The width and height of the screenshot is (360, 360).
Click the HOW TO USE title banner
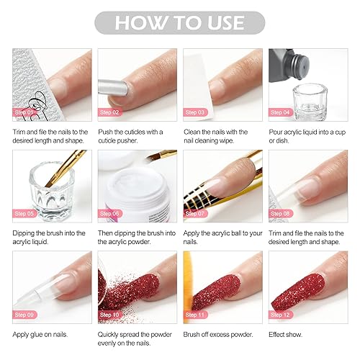point(179,22)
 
